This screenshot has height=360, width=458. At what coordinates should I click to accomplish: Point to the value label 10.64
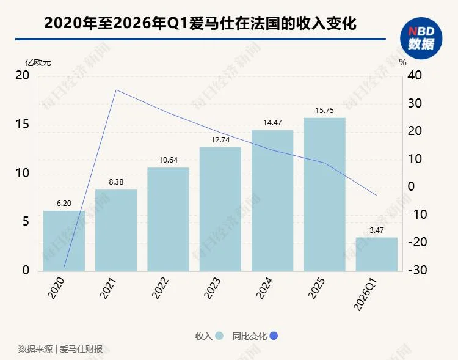click(x=168, y=160)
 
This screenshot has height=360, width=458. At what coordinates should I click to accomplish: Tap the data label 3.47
click(x=376, y=230)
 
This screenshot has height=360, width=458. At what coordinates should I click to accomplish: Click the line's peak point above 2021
click(x=116, y=90)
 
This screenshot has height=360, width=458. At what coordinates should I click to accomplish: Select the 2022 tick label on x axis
click(x=161, y=287)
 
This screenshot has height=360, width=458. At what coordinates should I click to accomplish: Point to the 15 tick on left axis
click(x=22, y=125)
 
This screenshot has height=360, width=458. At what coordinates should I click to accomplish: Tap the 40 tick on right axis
click(x=415, y=76)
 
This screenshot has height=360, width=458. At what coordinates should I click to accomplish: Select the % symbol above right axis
click(x=402, y=62)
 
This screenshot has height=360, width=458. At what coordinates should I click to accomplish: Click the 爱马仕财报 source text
click(x=81, y=350)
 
